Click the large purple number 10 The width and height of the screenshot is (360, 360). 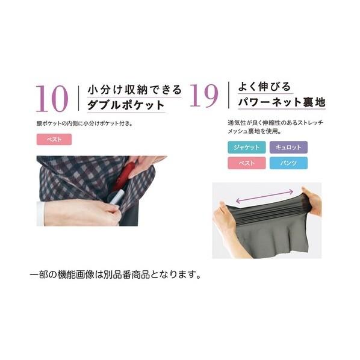[x=52, y=99]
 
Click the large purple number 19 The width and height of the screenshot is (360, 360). [x=204, y=96]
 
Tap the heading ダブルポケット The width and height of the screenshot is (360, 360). [x=126, y=105]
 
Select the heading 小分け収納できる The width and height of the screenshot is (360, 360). [x=134, y=89]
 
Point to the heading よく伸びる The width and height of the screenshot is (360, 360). [x=264, y=87]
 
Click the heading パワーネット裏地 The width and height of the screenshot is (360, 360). [x=282, y=102]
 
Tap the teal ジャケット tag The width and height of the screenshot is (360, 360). [x=247, y=147]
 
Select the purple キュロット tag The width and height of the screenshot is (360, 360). [x=288, y=147]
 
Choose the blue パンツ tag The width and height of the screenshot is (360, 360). [x=288, y=163]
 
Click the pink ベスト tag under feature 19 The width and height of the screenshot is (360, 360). [x=247, y=163]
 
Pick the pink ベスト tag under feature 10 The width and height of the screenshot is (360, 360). [x=54, y=139]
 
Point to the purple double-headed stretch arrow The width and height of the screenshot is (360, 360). [x=264, y=196]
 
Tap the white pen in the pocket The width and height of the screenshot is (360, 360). [x=117, y=197]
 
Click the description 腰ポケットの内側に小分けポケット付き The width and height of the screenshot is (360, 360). [x=85, y=123]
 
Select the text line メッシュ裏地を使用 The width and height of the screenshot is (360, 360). [x=255, y=131]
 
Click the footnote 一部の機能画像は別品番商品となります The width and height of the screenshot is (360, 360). [x=116, y=275]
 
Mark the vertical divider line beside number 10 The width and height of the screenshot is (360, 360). [x=78, y=98]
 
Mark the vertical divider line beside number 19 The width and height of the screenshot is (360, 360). [x=228, y=95]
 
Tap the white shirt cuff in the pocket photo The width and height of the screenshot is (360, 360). [x=40, y=214]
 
